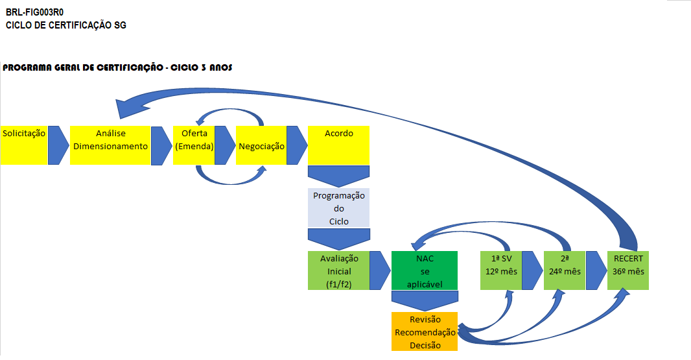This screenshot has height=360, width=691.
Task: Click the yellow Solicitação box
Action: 24,145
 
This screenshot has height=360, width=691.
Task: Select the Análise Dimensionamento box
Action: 110,145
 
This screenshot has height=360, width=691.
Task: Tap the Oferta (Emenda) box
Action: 194,145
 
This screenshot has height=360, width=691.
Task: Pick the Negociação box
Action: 261,145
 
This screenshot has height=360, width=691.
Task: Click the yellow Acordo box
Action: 338,145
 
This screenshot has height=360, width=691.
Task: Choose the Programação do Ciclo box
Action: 338,208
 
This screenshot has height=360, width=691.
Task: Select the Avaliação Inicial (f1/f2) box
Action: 338,270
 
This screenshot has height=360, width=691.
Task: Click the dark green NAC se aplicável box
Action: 425,270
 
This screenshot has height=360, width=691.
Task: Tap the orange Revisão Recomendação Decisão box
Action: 425,331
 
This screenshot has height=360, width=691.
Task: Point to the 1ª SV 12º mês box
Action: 501,270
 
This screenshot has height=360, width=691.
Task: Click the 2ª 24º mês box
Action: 565,270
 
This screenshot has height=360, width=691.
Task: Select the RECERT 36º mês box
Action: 627,270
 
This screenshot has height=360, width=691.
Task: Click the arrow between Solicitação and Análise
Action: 58,145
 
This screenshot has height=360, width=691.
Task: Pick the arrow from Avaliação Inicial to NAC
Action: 379,270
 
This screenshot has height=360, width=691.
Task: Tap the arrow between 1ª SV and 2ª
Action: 532,270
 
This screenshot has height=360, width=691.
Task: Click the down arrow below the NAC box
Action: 425,300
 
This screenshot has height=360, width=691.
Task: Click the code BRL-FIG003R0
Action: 34,12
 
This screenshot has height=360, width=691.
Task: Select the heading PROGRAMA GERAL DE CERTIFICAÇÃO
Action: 117,67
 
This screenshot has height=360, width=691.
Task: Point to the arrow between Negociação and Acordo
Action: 296,145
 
